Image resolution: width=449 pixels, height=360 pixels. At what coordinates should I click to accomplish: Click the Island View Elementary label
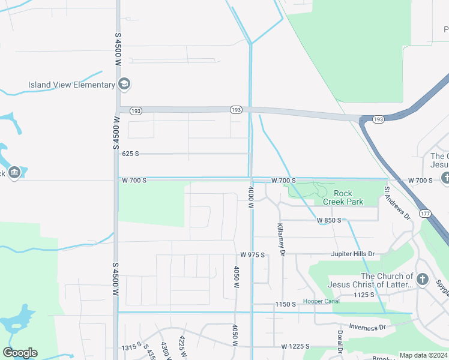71,85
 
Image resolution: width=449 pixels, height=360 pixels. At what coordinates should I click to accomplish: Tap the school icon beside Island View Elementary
125,83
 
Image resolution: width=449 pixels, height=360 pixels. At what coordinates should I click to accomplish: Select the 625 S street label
130,154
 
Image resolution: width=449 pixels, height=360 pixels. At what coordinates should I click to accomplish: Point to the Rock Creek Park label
343,197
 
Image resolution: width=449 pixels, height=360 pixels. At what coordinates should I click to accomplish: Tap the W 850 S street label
329,220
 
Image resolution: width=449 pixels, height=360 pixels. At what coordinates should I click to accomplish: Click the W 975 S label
253,255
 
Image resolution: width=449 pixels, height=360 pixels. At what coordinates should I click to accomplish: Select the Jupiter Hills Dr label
352,254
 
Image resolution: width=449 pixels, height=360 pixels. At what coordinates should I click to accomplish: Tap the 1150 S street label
286,305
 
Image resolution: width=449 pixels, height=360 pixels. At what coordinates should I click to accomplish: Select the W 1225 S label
295,347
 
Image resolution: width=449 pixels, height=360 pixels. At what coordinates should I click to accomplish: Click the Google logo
20,353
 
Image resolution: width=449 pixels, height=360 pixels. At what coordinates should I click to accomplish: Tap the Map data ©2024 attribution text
423,355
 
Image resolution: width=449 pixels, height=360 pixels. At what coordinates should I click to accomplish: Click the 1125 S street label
364,295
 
